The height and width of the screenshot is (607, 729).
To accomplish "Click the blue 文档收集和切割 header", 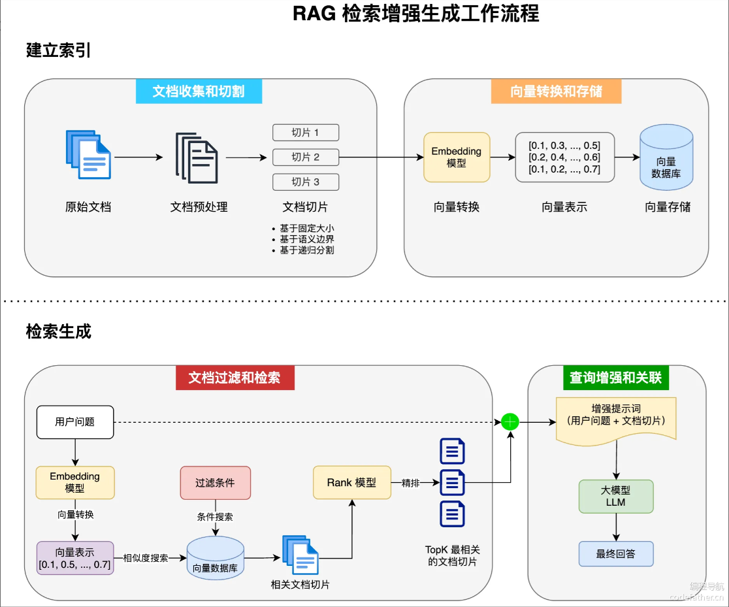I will [199, 91].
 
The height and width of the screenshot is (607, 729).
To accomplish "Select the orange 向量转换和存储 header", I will [556, 91].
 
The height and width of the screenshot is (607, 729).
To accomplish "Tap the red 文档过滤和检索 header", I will [235, 378].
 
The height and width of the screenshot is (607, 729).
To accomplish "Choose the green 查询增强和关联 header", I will [615, 378].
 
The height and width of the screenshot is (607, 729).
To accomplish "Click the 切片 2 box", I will [306, 157].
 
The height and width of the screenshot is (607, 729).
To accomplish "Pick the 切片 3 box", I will [306, 182].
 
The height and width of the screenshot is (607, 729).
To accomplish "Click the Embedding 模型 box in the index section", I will [457, 157].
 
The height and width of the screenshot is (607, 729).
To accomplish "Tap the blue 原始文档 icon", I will [88, 155].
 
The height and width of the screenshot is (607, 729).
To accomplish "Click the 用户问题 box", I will [75, 422].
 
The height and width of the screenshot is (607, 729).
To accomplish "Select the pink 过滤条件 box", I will [215, 483].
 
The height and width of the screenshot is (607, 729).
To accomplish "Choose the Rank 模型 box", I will [352, 483].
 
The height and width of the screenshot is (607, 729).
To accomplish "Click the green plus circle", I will [510, 422].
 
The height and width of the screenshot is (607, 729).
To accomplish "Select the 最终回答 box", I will [615, 553].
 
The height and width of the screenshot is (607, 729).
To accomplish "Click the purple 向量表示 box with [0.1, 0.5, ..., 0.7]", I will [75, 558].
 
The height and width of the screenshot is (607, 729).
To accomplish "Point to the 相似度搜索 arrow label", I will [146, 558].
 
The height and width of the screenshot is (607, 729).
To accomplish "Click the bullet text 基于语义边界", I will [307, 239].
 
